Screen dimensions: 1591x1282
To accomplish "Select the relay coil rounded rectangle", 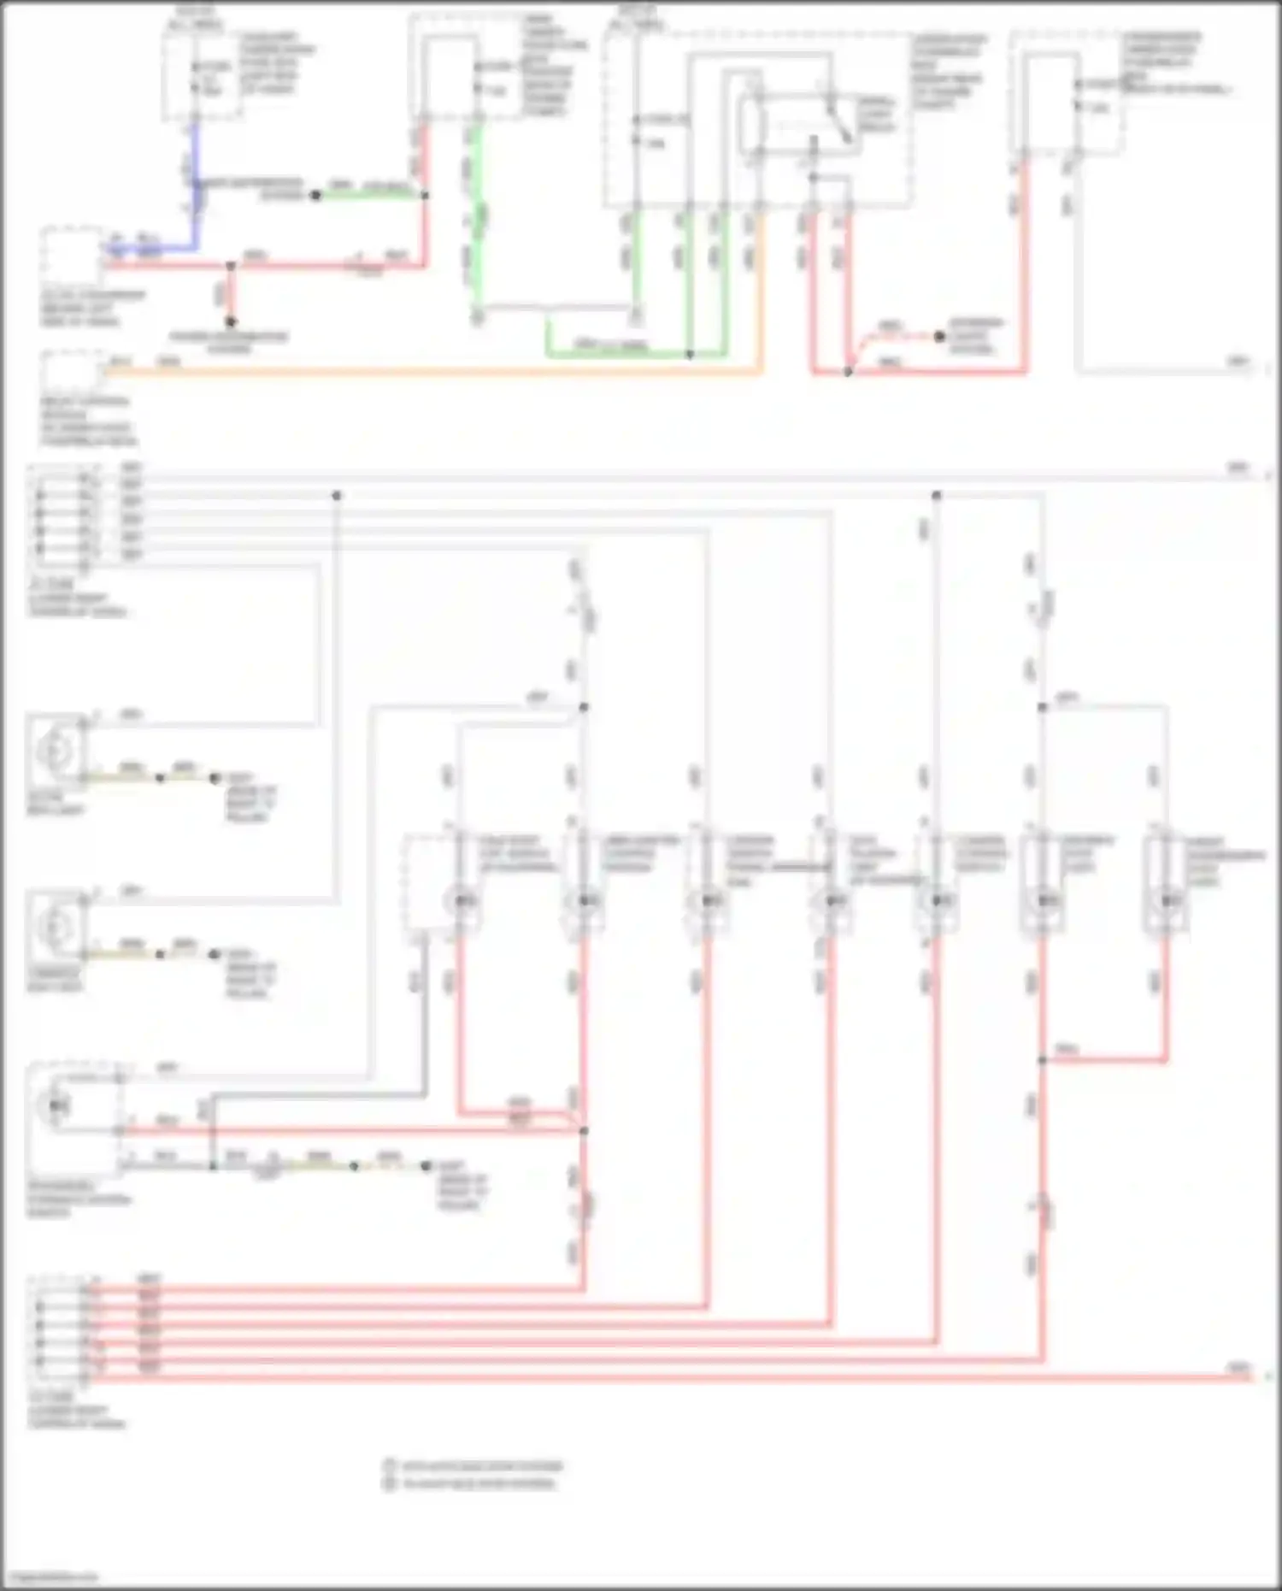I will point(750,125).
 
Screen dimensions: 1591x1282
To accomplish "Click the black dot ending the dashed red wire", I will point(939,336).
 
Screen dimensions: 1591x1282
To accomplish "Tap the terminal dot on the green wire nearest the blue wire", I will point(315,195).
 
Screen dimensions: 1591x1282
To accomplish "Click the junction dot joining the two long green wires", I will point(690,353).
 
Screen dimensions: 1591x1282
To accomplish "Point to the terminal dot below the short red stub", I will point(230,322).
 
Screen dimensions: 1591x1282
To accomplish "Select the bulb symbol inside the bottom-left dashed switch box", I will point(54,1105).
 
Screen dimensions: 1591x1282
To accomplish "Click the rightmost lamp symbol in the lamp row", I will point(1167,901).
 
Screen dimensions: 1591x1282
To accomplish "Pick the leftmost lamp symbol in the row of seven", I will point(462,901).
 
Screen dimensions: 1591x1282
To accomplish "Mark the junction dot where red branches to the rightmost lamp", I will point(1043,1060).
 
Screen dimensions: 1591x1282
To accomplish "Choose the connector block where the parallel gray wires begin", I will point(60,513).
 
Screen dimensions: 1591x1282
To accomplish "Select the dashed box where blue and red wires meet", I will point(72,254).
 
